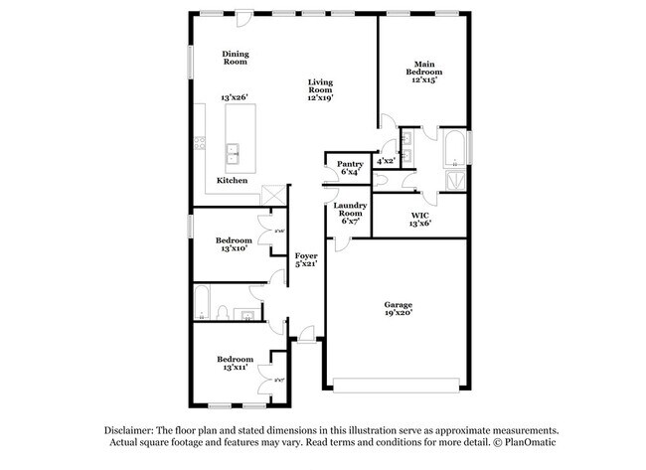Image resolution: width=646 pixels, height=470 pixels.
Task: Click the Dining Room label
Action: [235, 58]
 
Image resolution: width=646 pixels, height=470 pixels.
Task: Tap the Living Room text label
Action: [320, 89]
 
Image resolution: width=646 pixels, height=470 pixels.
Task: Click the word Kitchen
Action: [233, 181]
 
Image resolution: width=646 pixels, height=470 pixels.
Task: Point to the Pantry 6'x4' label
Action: [350, 168]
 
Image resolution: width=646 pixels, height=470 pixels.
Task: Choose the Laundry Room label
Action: [349, 213]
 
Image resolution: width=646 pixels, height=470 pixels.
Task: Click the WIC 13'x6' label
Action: [418, 220]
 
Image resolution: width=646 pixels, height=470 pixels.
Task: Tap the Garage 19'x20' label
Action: [399, 309]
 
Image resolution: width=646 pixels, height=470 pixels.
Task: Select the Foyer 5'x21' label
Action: [305, 260]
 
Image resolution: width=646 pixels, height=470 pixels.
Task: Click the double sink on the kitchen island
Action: [234, 153]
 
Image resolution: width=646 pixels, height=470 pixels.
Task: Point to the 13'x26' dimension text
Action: [234, 97]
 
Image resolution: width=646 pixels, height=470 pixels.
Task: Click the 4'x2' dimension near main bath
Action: [386, 161]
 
